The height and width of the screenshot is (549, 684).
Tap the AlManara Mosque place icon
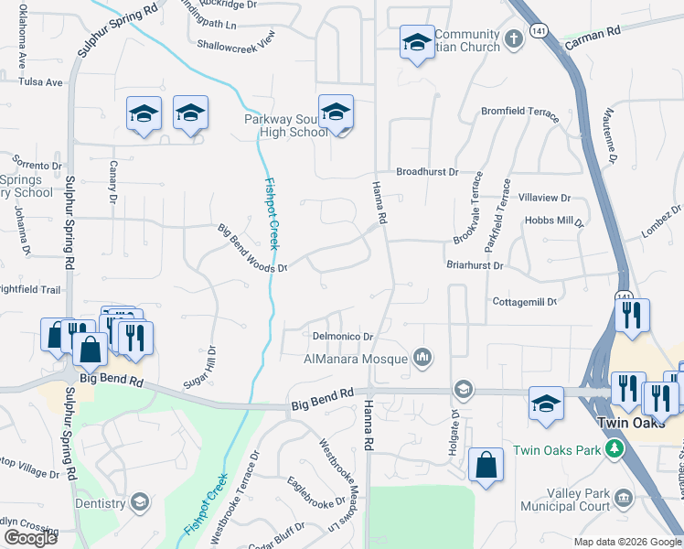pos(422,358)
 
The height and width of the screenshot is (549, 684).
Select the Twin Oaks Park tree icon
pos(616,449)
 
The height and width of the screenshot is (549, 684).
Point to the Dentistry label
pos(101,503)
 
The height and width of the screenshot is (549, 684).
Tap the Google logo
pos(30,538)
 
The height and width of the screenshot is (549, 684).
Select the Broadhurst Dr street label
pos(427,172)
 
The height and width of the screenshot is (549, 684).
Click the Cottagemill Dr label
pos(524,301)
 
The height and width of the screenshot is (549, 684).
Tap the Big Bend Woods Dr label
pos(252,247)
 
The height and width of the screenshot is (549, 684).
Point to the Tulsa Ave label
pos(43,82)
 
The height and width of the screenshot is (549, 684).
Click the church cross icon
pos(514,39)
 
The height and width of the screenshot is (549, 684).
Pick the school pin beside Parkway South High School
pos(336,113)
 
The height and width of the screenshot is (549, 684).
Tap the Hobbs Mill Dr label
pos(554,221)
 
